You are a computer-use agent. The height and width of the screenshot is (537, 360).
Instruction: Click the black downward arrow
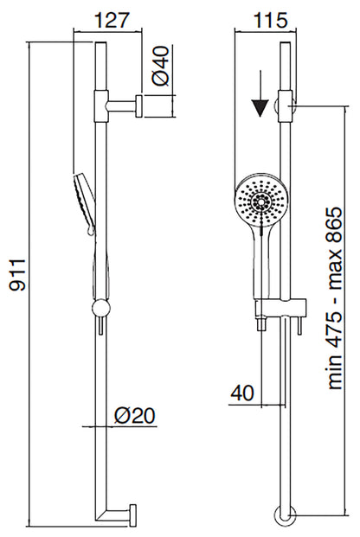click(x=258, y=108)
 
